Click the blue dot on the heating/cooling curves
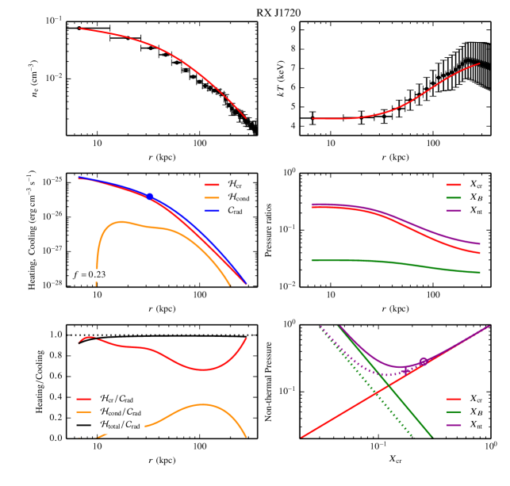(149, 196)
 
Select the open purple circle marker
(424, 362)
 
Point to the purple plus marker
(406, 371)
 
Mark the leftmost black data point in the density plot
(79, 28)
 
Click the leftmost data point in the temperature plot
(313, 118)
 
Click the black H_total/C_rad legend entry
(120, 426)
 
